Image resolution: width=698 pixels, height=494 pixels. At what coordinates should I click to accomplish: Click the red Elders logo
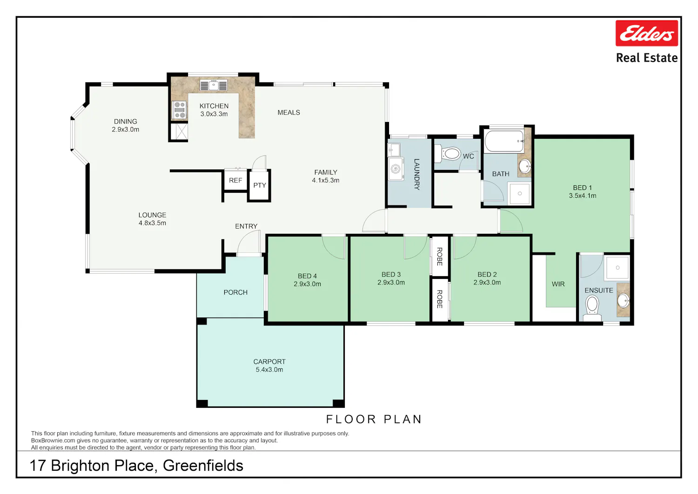point(647,33)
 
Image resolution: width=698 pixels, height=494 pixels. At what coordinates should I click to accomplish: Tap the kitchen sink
point(214,85)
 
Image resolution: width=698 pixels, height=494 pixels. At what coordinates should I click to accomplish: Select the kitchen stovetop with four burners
point(180,110)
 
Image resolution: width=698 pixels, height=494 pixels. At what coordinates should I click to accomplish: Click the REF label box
point(235,180)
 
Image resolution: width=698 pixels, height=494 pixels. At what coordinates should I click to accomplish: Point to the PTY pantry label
point(260,185)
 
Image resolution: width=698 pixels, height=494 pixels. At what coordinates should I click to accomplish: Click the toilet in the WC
point(448,154)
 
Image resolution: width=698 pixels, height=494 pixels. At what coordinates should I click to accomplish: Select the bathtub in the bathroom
point(504,141)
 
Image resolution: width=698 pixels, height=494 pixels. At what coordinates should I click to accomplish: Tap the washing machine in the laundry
point(396,169)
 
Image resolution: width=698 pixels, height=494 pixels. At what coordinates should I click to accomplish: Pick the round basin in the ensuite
point(623,301)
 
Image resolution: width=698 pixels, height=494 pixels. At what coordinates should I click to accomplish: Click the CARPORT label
point(269,361)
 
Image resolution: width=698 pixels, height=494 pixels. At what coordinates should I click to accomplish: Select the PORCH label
point(235,292)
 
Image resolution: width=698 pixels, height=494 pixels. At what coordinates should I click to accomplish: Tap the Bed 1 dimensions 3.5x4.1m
point(583,196)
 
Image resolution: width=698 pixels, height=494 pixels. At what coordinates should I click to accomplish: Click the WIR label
point(558,284)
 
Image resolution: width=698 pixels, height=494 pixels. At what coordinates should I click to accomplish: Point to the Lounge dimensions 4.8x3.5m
point(152,223)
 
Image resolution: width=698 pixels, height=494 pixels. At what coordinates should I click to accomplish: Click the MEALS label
point(289,113)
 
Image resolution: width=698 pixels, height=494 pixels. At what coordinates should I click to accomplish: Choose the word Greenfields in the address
point(203,466)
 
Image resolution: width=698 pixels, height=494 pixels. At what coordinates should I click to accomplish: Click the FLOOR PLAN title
point(374,419)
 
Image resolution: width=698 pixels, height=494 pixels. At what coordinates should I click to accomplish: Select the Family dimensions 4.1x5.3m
point(326,180)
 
